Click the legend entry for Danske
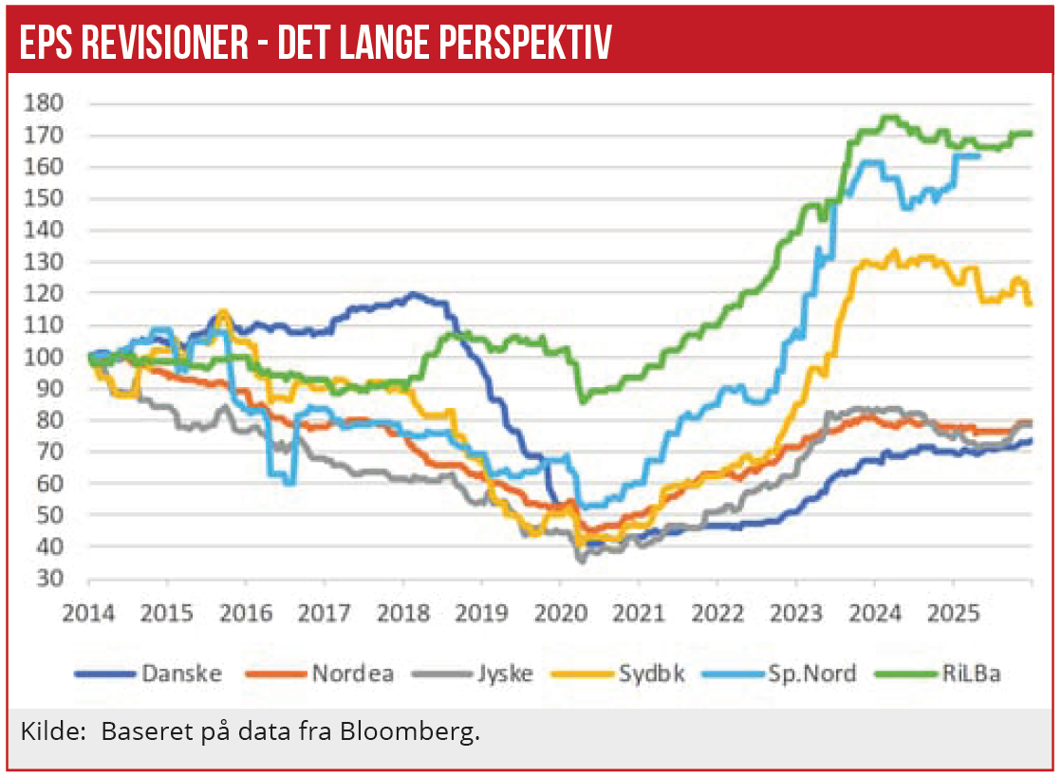(x=180, y=674)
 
